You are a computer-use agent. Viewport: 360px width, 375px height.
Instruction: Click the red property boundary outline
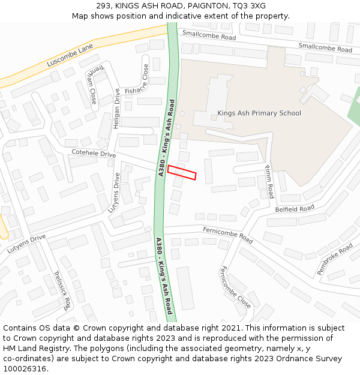coord(182,172)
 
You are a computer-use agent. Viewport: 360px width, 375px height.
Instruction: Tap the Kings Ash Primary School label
coord(259,113)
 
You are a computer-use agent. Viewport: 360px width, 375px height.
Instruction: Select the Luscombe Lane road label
coord(70,56)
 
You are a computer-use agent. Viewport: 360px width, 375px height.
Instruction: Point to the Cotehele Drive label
coord(94,154)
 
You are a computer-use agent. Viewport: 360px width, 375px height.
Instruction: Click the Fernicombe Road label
coord(227,233)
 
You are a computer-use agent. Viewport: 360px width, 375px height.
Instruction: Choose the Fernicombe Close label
coord(236,287)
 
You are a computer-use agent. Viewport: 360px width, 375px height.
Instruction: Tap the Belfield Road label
coord(295,209)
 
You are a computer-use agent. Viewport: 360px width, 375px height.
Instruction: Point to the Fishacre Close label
coord(137,82)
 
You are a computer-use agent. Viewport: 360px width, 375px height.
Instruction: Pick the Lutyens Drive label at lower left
coord(26,244)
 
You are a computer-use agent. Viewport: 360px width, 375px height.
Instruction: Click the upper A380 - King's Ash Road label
coord(166,137)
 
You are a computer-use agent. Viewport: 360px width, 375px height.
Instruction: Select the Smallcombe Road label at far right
coord(325,47)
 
